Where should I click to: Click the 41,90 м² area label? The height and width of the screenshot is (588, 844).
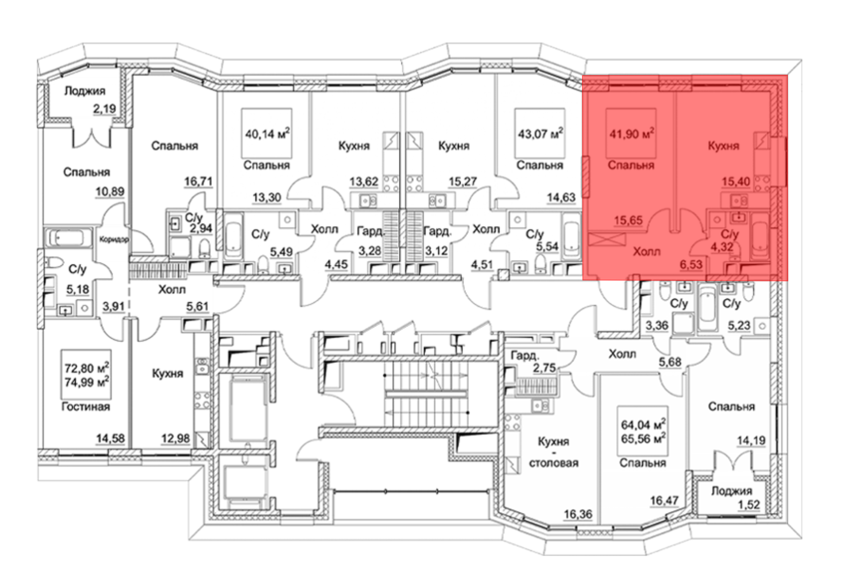click(x=632, y=134)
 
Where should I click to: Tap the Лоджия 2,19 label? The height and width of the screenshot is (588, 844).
click(x=90, y=100)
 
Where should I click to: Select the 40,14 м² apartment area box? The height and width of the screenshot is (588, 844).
click(x=267, y=133)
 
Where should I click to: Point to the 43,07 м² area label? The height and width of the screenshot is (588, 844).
click(x=541, y=134)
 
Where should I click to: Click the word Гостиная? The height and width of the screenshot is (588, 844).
click(x=86, y=407)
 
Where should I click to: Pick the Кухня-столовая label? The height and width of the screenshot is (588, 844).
click(x=554, y=452)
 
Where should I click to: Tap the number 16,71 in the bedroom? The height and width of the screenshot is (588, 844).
click(x=198, y=181)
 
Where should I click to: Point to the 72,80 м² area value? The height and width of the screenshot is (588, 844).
click(x=87, y=368)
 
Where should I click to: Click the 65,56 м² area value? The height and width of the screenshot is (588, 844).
click(x=643, y=439)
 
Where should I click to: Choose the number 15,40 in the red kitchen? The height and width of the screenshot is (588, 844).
click(x=736, y=181)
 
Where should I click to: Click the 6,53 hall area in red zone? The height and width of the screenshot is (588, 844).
click(x=691, y=264)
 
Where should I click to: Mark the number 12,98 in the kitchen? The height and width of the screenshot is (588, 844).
click(x=175, y=438)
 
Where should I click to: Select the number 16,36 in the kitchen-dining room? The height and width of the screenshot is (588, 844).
click(x=578, y=514)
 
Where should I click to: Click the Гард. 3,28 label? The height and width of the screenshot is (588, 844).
click(x=370, y=241)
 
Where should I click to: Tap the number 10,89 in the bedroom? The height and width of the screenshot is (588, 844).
click(x=110, y=192)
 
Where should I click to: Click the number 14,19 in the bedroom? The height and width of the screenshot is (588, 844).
click(x=751, y=440)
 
